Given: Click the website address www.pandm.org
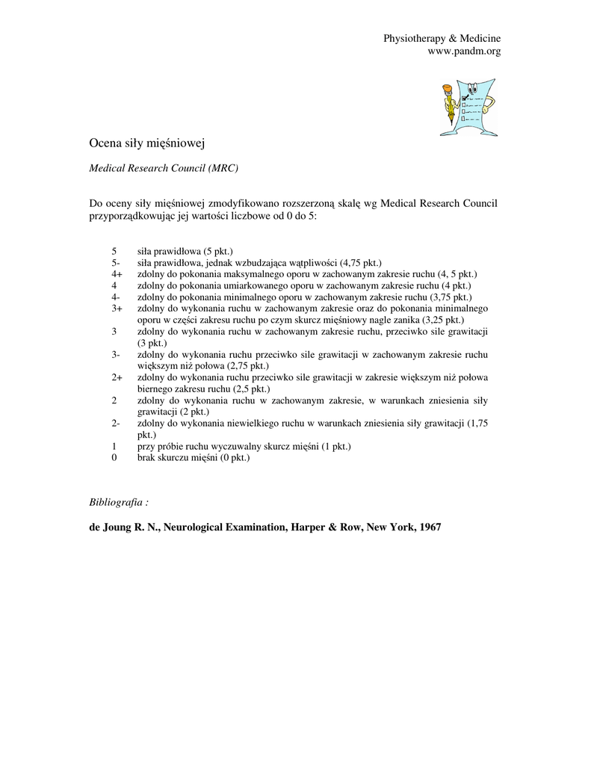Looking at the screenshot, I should (x=463, y=51).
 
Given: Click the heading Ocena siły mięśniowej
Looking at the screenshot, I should (x=146, y=142).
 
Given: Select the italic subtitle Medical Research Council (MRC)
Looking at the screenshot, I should (x=164, y=168).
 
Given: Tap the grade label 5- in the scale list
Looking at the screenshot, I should (x=116, y=263).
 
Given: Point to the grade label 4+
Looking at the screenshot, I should (x=117, y=274).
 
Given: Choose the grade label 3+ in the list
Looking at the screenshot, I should (x=117, y=308).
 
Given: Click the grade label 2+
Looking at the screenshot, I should (x=117, y=378).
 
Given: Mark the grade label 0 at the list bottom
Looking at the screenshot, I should (x=114, y=457).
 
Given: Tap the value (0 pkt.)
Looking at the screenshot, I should (x=233, y=457).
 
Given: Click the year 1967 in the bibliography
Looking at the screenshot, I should (x=430, y=527).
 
